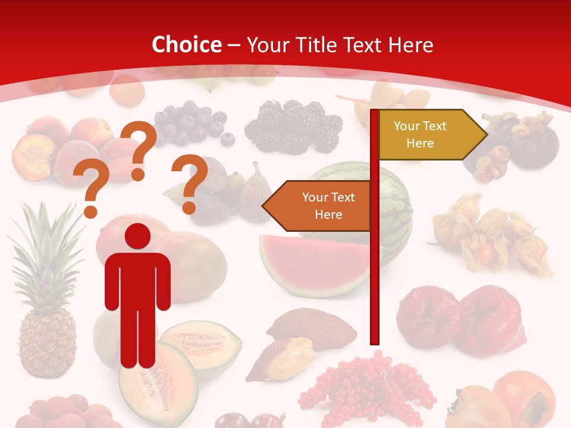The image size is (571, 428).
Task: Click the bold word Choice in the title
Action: tap(187, 45)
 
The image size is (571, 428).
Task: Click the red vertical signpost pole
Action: tap(375, 267)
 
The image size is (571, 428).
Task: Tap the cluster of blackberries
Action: tap(294, 125)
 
